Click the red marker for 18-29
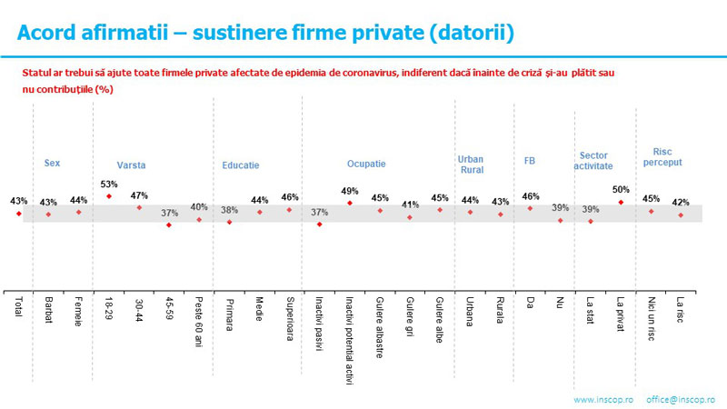[x=109, y=196]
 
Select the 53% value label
[x=109, y=184]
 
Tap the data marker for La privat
[x=621, y=202]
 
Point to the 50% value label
[x=621, y=189]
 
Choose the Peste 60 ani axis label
[x=199, y=317]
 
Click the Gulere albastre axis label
[x=380, y=325]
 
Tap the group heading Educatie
[x=241, y=165]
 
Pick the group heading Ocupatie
[x=366, y=165]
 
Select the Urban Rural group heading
[x=470, y=164]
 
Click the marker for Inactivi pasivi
[x=319, y=224]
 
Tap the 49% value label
[x=350, y=191]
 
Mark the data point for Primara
[x=229, y=222]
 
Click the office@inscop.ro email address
[x=681, y=400]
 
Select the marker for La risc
[x=681, y=215]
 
